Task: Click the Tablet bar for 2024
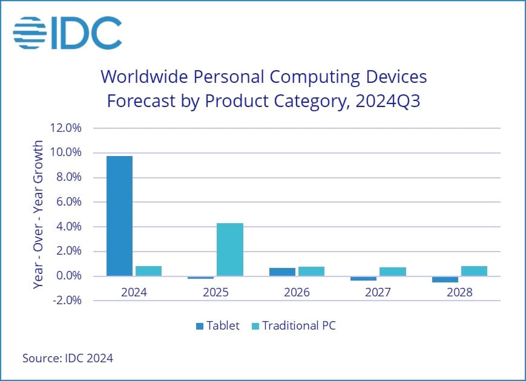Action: pyautogui.click(x=119, y=216)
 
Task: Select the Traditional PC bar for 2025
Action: pyautogui.click(x=230, y=249)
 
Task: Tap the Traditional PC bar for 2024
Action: pyautogui.click(x=148, y=271)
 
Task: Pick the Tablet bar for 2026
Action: pyautogui.click(x=282, y=272)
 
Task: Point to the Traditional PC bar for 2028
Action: pyautogui.click(x=474, y=271)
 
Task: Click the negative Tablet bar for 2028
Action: pyautogui.click(x=445, y=279)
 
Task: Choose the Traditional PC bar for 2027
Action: pyautogui.click(x=393, y=272)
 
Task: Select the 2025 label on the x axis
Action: pyautogui.click(x=215, y=293)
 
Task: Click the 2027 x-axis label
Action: pyautogui.click(x=378, y=293)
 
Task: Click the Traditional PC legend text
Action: pyautogui.click(x=298, y=326)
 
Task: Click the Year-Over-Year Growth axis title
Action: pyautogui.click(x=38, y=215)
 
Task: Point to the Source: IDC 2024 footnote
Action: pyautogui.click(x=68, y=358)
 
